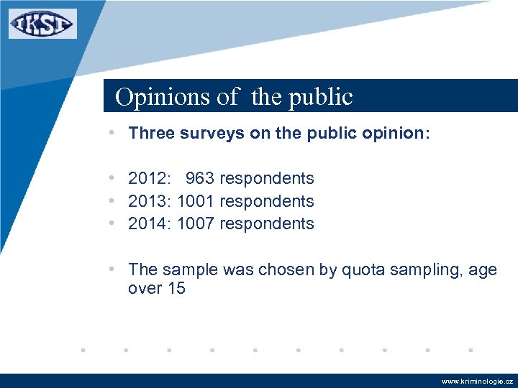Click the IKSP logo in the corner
(x=42, y=24)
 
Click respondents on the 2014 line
(x=267, y=224)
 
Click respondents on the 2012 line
(x=267, y=178)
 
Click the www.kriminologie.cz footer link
(x=477, y=382)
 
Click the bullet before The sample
(x=112, y=269)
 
